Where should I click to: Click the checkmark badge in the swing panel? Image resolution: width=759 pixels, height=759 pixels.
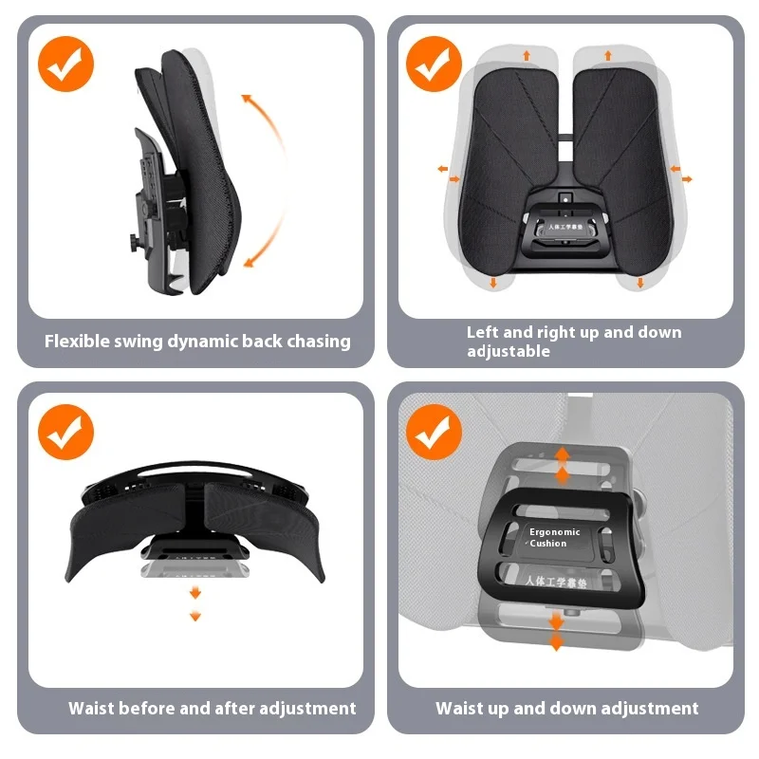tap(65, 64)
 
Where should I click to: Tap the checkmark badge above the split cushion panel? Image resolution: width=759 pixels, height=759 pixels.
tap(434, 64)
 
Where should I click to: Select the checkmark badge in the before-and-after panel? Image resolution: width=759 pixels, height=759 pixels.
tap(65, 432)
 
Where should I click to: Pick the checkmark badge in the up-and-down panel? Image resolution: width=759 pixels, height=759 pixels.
tap(434, 432)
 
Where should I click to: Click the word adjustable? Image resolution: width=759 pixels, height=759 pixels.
tap(509, 352)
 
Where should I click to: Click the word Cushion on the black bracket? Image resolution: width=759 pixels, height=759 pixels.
tap(548, 544)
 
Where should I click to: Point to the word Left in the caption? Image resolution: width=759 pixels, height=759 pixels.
tap(482, 332)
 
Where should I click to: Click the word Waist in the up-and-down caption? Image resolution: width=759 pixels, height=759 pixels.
tap(460, 709)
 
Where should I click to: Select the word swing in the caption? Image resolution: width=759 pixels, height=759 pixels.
tap(139, 342)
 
